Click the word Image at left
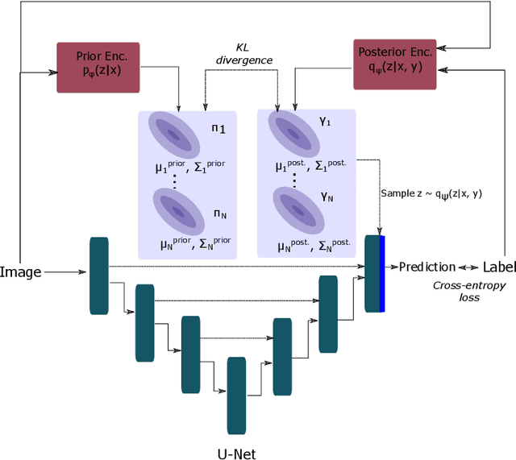(x=21, y=272)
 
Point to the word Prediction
(x=427, y=267)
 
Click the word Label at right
(x=498, y=267)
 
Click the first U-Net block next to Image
(x=98, y=275)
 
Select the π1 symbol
(x=218, y=129)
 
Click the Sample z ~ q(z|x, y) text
(x=431, y=193)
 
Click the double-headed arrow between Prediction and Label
(x=469, y=267)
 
